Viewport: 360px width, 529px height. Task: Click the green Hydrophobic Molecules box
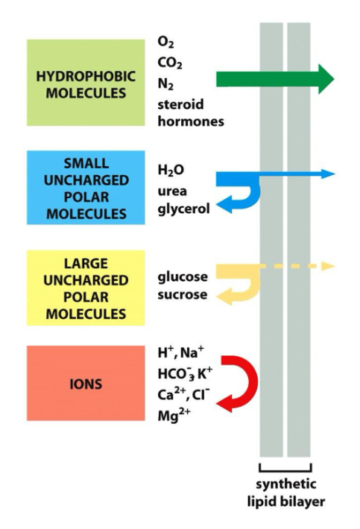point(86,82)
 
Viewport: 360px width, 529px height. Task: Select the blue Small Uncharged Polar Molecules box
point(86,188)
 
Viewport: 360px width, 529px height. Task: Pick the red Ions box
point(86,385)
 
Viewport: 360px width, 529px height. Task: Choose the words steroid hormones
point(191,113)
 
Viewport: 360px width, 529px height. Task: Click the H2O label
point(171,171)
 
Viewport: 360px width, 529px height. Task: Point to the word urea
point(172,191)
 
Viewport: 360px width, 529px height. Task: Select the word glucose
point(183,277)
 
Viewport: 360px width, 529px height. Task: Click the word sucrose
point(183,296)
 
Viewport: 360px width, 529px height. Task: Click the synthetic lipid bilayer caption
point(285,493)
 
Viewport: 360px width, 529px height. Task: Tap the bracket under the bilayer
point(285,468)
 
